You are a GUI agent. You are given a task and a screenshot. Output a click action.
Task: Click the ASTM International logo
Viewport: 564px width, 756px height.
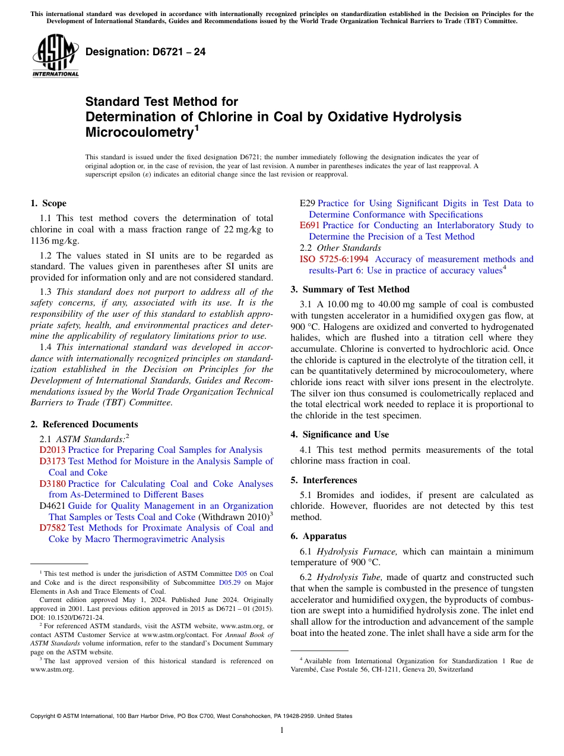(55, 56)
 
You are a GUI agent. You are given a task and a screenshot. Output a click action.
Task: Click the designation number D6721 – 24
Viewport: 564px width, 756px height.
(145, 52)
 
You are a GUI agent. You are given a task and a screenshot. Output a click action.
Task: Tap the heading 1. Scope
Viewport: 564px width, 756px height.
(48, 203)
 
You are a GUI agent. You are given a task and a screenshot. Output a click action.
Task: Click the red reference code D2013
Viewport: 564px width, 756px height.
(52, 450)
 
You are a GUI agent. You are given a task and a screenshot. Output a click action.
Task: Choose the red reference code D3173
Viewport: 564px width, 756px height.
(52, 461)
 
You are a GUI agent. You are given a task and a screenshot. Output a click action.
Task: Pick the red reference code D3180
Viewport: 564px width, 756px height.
(52, 484)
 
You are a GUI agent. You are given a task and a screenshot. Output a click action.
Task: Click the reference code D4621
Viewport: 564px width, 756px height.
(52, 506)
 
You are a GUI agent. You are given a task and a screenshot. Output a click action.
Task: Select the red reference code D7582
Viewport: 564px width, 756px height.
(52, 528)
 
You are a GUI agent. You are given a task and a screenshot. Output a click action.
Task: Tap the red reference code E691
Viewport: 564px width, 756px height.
(309, 225)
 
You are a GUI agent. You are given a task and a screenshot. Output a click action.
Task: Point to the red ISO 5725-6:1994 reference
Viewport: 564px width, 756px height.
(334, 259)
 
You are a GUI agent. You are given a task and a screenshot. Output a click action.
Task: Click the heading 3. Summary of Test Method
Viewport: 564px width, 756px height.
(350, 289)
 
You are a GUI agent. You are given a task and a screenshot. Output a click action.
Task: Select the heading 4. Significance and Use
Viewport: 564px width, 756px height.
(340, 434)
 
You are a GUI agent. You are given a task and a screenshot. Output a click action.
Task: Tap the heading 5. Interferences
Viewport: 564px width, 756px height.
(324, 480)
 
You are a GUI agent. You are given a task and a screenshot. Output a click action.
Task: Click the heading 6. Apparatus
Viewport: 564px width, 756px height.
(318, 535)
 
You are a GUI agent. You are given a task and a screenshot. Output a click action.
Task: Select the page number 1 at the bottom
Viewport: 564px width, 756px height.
(282, 730)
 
